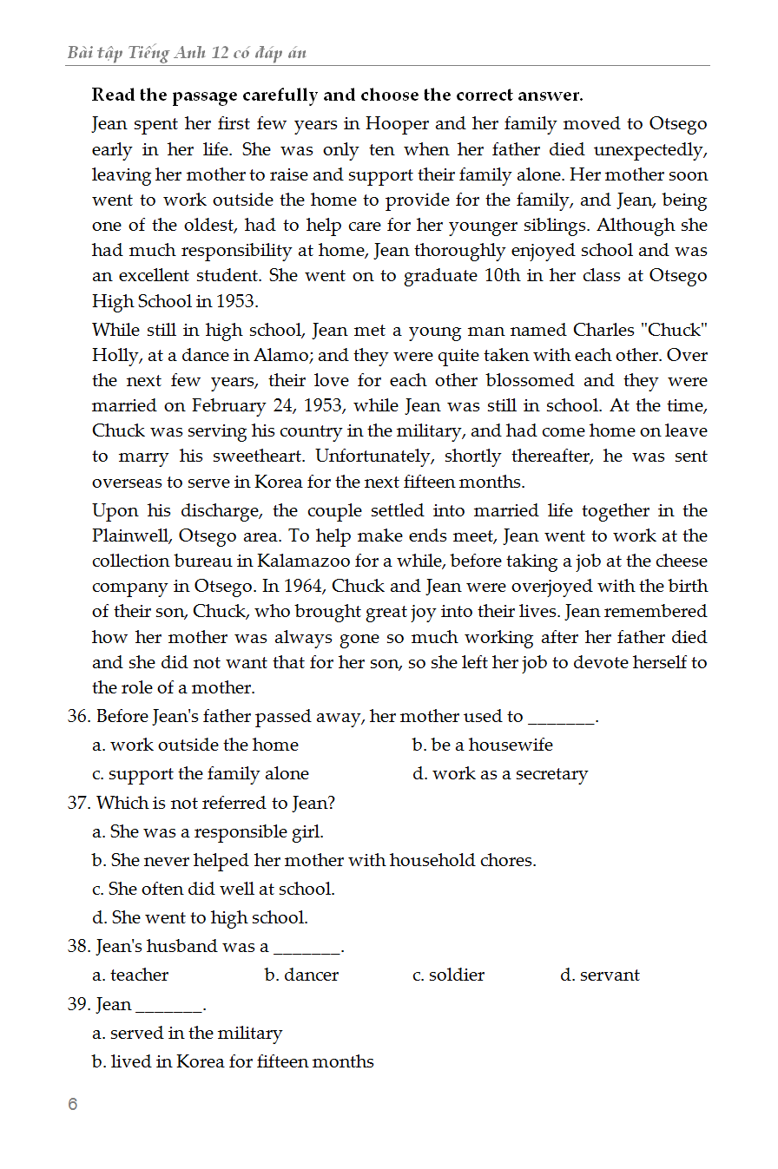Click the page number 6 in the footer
pyautogui.click(x=72, y=1105)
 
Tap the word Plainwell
pyautogui.click(x=132, y=535)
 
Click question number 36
pyautogui.click(x=78, y=717)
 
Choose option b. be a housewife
pyautogui.click(x=483, y=745)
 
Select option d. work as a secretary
pyautogui.click(x=500, y=773)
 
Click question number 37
pyautogui.click(x=78, y=803)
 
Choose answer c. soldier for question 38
pyautogui.click(x=449, y=975)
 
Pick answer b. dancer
pyautogui.click(x=302, y=975)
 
